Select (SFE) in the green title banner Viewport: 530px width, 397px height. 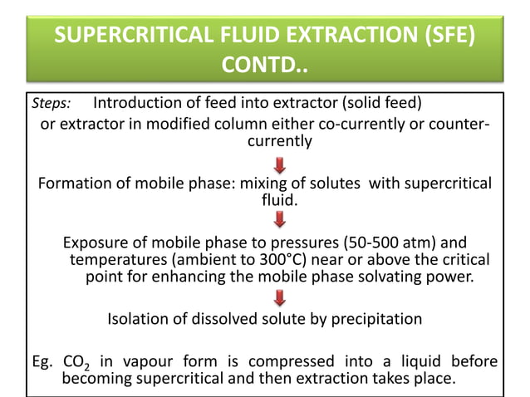448,37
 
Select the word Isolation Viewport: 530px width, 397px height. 138,319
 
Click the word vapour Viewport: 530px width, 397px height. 142,362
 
